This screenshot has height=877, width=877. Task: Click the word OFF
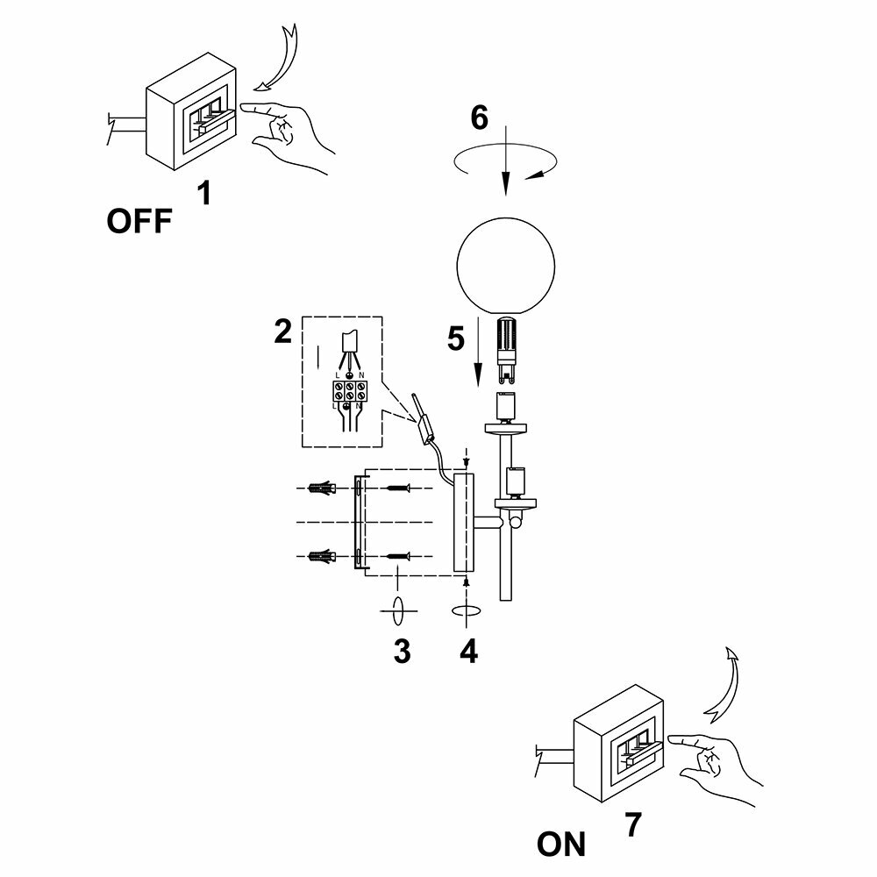tap(139, 221)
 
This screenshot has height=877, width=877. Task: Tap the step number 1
tap(203, 192)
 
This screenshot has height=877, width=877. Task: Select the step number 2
tap(282, 332)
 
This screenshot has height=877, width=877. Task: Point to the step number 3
tap(402, 652)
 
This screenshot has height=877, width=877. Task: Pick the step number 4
tap(469, 651)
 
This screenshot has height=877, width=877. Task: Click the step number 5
tap(455, 339)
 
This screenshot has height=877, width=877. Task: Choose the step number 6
tap(479, 118)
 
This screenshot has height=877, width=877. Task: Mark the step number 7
tap(633, 824)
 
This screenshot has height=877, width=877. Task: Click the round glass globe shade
tap(507, 264)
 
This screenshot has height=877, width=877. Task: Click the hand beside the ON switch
tap(712, 759)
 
